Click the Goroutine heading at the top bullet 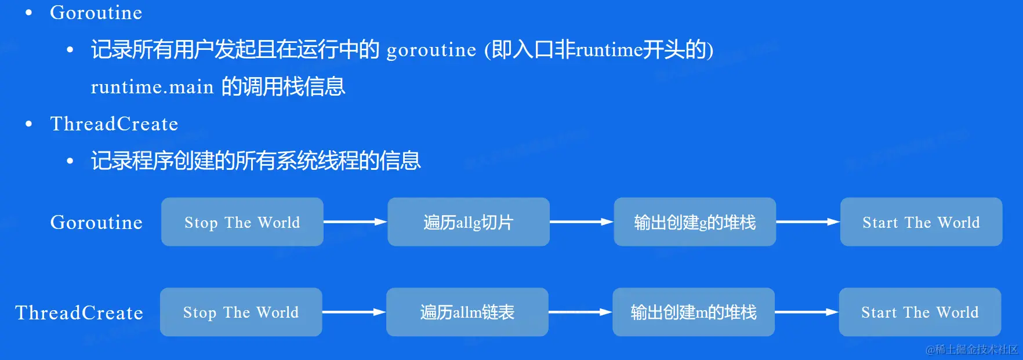[x=96, y=13]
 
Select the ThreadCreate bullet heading [x=114, y=124]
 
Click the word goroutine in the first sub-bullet [x=431, y=50]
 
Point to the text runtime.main [x=153, y=87]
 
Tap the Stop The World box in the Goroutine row [x=242, y=222]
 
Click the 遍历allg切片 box [x=469, y=222]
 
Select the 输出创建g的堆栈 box [x=695, y=222]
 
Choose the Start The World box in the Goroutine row [x=921, y=222]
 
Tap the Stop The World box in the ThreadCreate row [x=241, y=312]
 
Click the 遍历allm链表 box [x=467, y=312]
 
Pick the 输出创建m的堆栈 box [x=694, y=312]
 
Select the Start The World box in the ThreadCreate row [x=920, y=312]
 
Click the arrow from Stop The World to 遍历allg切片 [x=355, y=222]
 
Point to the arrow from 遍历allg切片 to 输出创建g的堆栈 [x=582, y=222]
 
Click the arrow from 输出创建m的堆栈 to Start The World [x=807, y=312]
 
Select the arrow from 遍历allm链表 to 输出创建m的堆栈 [x=581, y=312]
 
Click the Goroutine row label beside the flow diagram [x=96, y=223]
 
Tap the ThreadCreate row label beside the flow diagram [x=79, y=313]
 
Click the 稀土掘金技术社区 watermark [x=972, y=350]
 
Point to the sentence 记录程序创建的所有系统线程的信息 [x=256, y=161]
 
